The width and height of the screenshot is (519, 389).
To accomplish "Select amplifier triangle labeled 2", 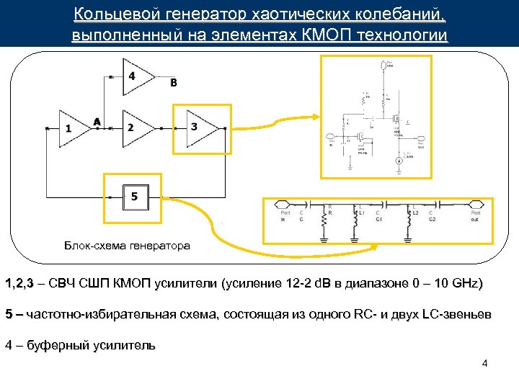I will point(133,127).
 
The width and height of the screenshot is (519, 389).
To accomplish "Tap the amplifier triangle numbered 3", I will point(197,127).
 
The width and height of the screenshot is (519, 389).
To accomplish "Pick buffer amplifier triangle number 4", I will point(136,76).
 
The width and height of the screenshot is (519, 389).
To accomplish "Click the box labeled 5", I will point(134,195).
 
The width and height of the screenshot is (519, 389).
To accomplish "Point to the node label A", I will point(97,121).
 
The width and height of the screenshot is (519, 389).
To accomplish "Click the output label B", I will point(173,83).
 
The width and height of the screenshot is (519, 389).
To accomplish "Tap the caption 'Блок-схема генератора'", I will point(127,246).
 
